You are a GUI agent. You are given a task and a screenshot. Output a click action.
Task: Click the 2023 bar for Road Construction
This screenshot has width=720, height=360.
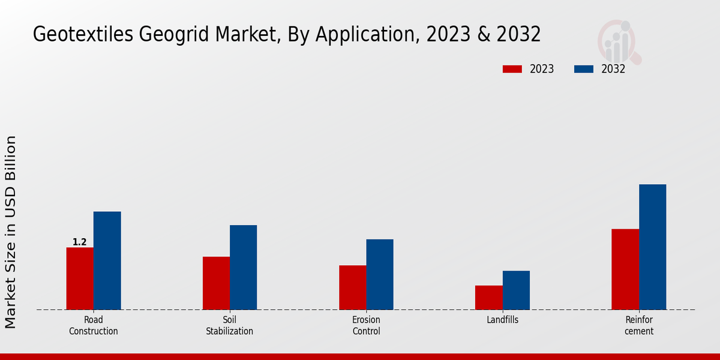[x=80, y=278]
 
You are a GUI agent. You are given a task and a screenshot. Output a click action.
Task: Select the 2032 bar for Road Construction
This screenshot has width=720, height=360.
[x=107, y=260]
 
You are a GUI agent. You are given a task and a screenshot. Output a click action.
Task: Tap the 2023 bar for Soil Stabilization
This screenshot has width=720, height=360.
[x=216, y=283]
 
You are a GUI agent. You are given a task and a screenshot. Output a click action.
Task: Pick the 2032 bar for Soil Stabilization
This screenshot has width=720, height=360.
[x=243, y=267]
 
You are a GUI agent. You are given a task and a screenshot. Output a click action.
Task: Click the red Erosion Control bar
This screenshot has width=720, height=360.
[x=352, y=287]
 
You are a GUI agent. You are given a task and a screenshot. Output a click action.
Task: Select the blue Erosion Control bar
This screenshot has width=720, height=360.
[x=380, y=274]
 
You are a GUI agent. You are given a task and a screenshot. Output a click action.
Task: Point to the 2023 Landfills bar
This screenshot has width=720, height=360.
[x=488, y=298]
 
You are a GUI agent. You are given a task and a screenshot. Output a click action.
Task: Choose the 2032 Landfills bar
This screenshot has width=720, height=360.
[x=516, y=290]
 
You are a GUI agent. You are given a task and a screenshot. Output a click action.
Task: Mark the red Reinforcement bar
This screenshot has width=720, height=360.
[x=625, y=269]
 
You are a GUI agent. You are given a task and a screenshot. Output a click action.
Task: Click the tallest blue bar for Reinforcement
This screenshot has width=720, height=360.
[x=652, y=247]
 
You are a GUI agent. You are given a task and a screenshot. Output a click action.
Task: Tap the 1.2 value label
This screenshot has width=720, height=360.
[x=80, y=242]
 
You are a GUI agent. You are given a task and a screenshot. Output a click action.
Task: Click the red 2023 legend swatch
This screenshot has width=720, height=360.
[x=512, y=69]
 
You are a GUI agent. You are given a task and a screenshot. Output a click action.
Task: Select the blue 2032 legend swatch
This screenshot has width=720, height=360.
[x=583, y=69]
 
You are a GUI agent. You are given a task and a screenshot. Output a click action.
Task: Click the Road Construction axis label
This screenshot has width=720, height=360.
[x=94, y=325]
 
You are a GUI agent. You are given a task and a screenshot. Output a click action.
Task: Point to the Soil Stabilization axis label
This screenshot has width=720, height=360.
[x=230, y=325]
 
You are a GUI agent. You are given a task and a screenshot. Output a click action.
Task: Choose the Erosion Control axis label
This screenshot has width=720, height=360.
[x=366, y=325]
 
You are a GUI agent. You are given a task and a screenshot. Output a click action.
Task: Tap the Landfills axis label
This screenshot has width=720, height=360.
[x=502, y=320]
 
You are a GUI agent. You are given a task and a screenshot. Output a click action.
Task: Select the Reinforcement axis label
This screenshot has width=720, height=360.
[x=639, y=325]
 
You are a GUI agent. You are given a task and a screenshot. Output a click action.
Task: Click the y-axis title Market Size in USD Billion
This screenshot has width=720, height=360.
[x=11, y=232]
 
